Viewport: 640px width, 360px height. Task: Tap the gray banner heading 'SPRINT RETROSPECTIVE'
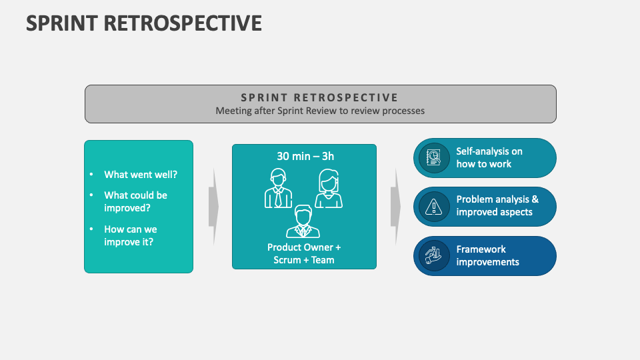pos(320,97)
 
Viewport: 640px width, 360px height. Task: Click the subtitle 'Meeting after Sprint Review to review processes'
pos(320,111)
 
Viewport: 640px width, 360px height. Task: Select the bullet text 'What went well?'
pos(141,175)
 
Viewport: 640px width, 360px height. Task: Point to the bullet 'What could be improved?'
pos(135,201)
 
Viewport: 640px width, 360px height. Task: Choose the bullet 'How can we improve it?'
pos(131,235)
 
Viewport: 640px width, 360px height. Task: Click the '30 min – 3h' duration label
pos(305,156)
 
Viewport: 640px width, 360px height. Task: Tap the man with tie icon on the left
pos(278,189)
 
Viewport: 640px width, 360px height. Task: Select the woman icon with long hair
pos(328,189)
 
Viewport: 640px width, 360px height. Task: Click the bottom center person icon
pos(303,221)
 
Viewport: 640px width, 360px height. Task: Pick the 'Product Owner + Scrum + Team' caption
pos(304,253)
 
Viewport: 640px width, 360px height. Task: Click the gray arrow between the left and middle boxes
pos(213,206)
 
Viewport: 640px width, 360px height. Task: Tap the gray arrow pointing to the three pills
pos(395,206)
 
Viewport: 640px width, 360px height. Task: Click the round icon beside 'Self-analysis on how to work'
pos(434,158)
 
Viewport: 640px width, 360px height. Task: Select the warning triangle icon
pos(434,207)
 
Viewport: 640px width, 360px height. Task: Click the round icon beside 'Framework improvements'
pos(434,256)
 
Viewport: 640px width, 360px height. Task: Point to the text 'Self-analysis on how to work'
pos(489,157)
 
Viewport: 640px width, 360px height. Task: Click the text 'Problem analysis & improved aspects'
pos(497,205)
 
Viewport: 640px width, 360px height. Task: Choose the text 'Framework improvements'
pos(487,255)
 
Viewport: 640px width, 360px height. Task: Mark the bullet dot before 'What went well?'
pos(91,175)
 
